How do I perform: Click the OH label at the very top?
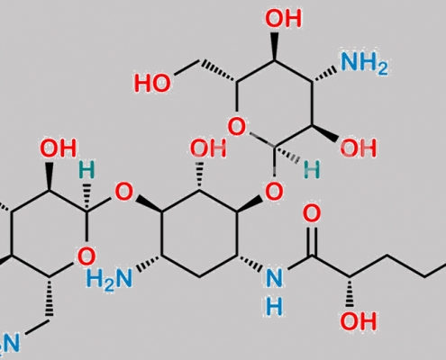coord(283,18)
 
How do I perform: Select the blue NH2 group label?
coord(364,65)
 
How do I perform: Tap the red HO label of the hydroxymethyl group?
coord(152,83)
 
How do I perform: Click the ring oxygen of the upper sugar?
coord(237,126)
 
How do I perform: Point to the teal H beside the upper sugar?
coord(312,169)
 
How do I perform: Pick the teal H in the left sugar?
coord(86,169)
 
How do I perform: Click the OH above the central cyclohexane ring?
coord(208,148)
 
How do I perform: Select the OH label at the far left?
coord(59,148)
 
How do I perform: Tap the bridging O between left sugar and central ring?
coord(123,192)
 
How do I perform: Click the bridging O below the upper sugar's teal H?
coord(274,191)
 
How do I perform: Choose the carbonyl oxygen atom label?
coord(312,213)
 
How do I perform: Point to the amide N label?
coord(274,278)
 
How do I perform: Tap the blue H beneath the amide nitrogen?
coord(274,307)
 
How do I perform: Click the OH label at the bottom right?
coord(358,321)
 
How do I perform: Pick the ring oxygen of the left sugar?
coord(86,256)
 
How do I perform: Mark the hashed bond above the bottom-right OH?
coord(350,292)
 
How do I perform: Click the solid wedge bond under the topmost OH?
coord(274,45)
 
